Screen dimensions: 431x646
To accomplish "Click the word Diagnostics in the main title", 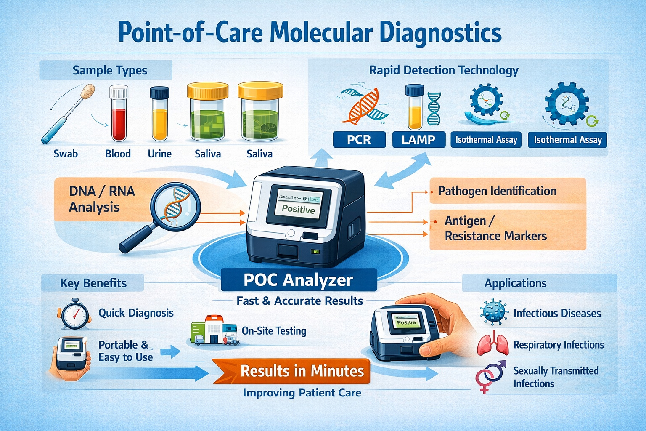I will coord(440,33).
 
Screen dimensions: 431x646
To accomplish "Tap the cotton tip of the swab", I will coord(88,92).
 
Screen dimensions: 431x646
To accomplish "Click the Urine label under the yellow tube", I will coord(159,154).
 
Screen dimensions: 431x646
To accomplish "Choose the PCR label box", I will coord(359,140).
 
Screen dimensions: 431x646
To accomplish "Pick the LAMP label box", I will coord(418,140).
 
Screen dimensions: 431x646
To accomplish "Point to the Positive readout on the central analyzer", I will coord(298,209).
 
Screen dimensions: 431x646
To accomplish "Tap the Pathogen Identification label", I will coord(497,191).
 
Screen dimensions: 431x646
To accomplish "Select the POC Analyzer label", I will coord(298,280).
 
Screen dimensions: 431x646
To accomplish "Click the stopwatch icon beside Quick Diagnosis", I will coord(75,314).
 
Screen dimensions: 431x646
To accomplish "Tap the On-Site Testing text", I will coord(274,331).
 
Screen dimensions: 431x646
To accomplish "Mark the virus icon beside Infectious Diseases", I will coord(493,312).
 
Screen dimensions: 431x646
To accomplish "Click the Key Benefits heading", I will coord(93,283).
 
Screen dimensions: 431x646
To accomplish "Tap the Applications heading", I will coord(515,283).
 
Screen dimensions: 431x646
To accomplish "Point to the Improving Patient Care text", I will coord(302,393).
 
